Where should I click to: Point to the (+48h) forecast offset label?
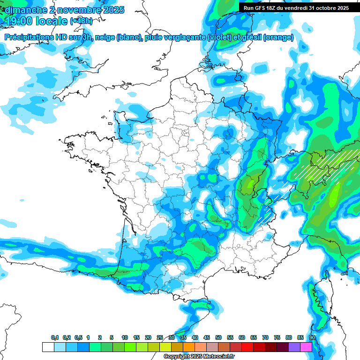(x=82, y=21)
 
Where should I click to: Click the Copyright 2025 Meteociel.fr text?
(x=199, y=357)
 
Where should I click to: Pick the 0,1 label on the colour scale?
(x=55, y=337)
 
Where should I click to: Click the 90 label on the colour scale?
(x=312, y=337)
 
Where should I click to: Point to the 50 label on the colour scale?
(x=218, y=337)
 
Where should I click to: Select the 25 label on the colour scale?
(x=160, y=337)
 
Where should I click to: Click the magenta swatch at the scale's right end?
(x=306, y=347)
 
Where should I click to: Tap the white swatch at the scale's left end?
(x=48, y=347)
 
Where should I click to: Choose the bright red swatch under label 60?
(x=247, y=347)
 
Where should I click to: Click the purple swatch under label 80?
(x=294, y=347)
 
